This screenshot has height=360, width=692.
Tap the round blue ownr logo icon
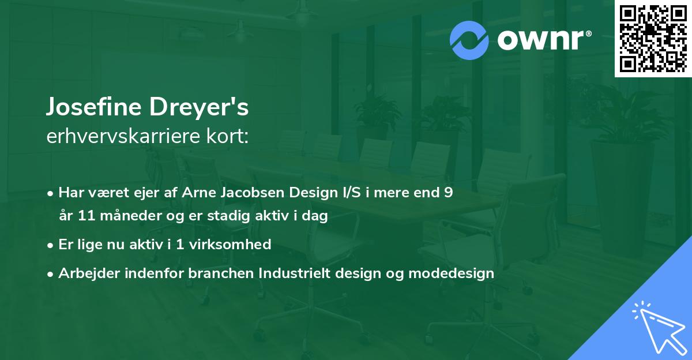click(469, 40)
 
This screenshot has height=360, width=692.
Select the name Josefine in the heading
click(92, 107)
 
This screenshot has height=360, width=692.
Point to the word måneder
click(126, 216)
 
